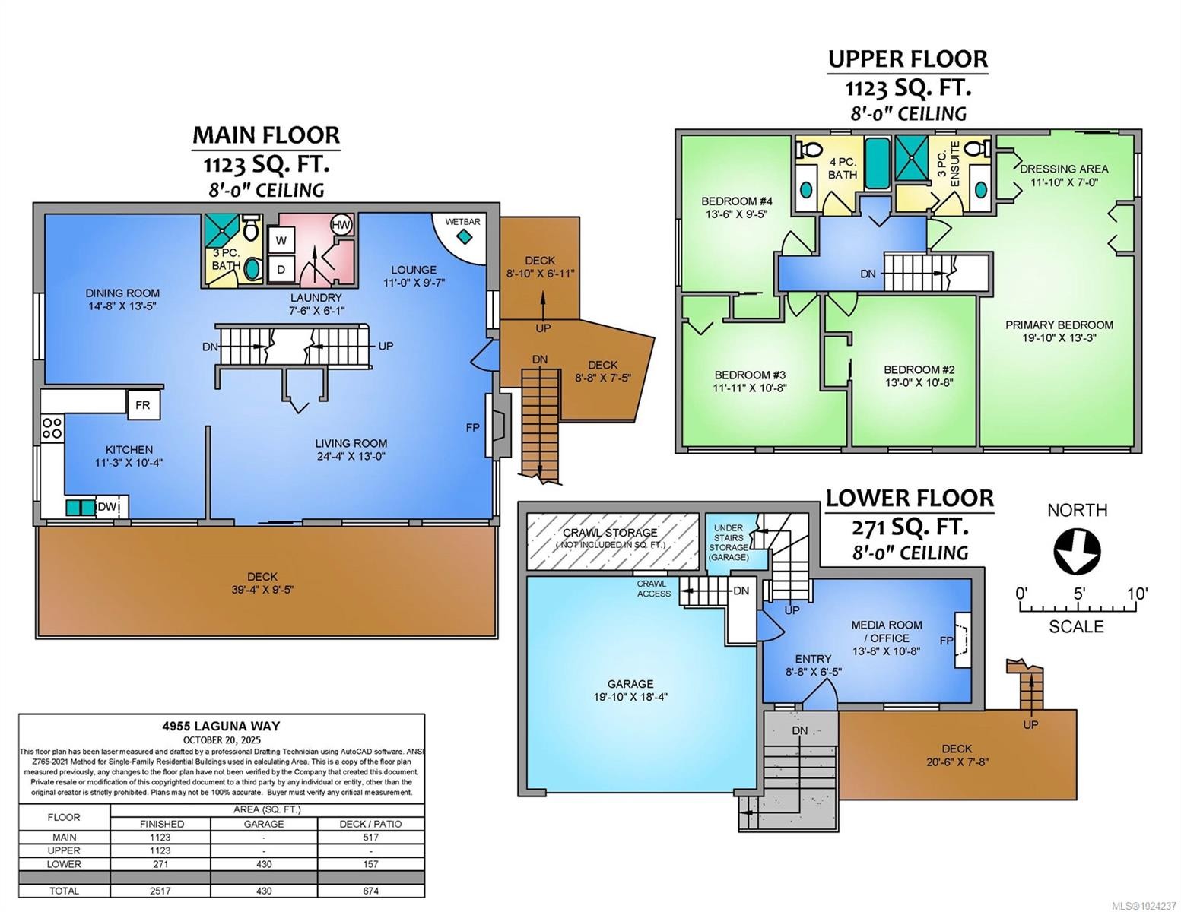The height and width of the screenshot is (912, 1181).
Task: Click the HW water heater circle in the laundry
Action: (x=341, y=225)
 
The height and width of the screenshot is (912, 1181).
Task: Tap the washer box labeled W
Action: (x=281, y=240)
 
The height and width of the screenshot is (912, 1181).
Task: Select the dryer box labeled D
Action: (x=281, y=269)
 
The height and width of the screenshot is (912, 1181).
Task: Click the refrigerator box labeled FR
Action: (x=143, y=404)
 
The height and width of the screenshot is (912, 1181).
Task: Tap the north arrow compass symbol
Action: (x=1077, y=550)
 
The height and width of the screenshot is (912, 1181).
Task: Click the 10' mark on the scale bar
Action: (x=1137, y=594)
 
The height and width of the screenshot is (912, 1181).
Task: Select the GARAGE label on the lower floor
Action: (x=630, y=684)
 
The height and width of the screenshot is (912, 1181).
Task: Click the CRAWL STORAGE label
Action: (x=610, y=533)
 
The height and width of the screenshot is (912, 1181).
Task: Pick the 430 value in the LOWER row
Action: (x=264, y=864)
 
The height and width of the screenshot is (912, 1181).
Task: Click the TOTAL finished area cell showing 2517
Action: (x=160, y=891)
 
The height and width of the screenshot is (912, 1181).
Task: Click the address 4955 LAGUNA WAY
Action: (x=221, y=726)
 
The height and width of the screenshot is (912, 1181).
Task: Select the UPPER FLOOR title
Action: (x=908, y=59)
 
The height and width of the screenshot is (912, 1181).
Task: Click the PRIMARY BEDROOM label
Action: (x=1059, y=325)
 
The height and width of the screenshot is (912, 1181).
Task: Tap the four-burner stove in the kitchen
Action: (x=52, y=428)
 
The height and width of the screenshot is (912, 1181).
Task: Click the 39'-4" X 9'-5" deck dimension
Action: (x=262, y=590)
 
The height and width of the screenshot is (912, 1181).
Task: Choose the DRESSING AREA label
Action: (x=1064, y=169)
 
